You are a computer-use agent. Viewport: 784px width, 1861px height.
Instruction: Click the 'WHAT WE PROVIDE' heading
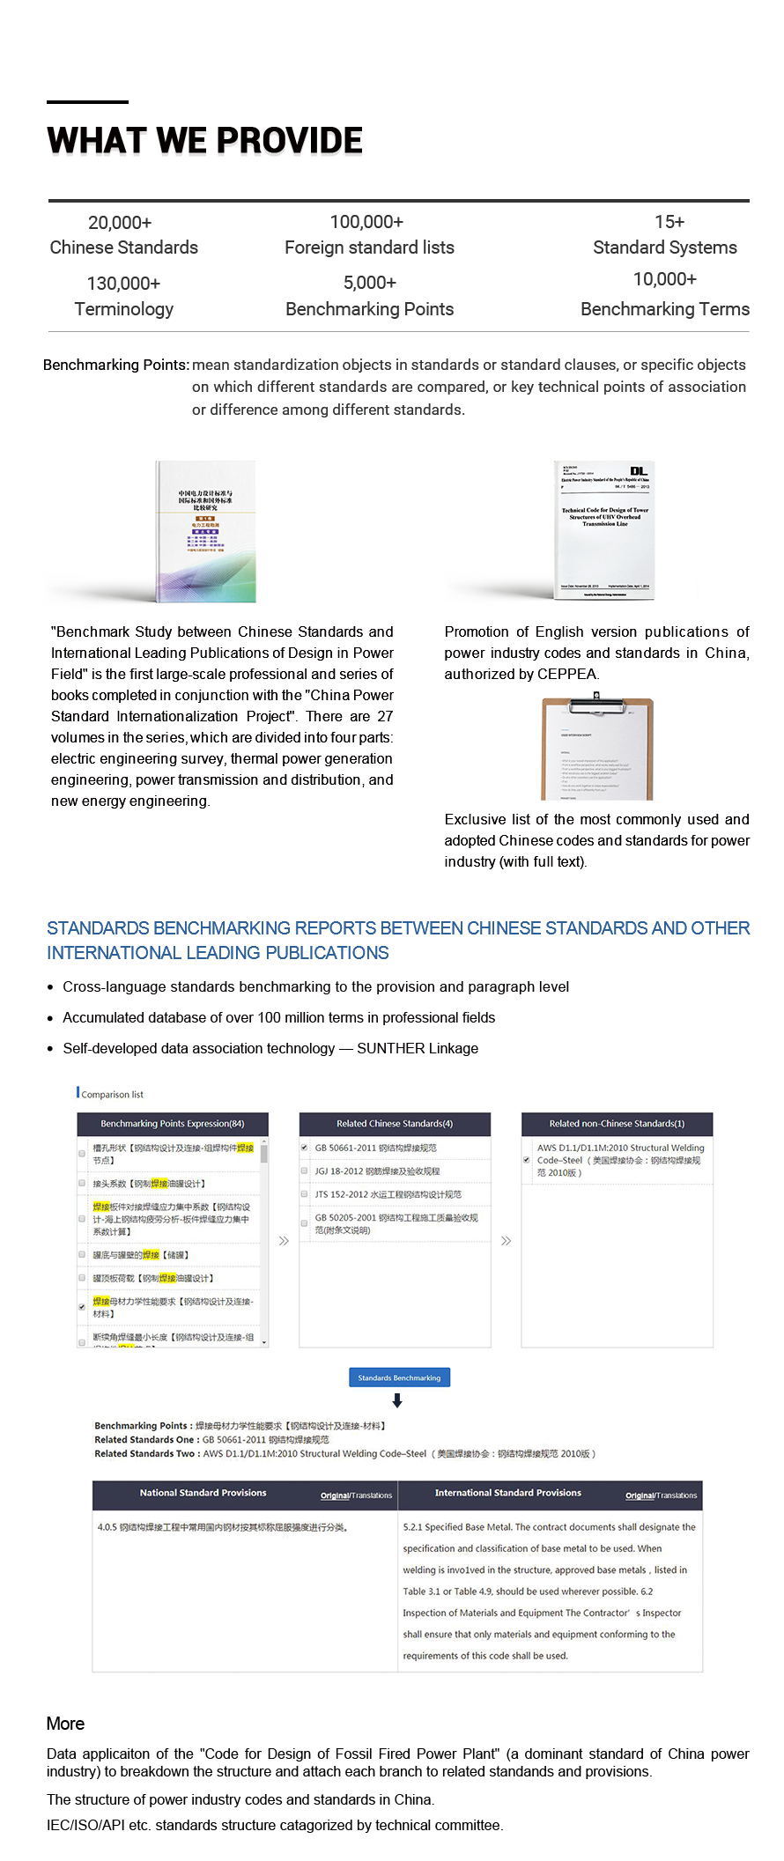click(x=204, y=141)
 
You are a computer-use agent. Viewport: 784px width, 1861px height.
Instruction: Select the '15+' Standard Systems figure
click(x=669, y=222)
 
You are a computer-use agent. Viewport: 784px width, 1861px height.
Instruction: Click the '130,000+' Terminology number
click(x=123, y=284)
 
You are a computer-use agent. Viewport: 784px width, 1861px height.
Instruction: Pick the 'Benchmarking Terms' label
click(x=664, y=309)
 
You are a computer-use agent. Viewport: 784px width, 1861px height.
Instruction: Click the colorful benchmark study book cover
click(x=206, y=531)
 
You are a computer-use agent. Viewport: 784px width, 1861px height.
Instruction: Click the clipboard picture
click(x=597, y=749)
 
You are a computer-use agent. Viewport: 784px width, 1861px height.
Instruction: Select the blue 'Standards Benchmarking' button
click(x=399, y=1377)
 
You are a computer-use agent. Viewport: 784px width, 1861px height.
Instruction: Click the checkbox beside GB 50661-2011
click(x=305, y=1148)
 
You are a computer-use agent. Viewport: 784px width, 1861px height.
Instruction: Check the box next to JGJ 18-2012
click(x=305, y=1171)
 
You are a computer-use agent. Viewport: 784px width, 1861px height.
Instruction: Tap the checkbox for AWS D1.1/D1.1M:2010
click(x=527, y=1160)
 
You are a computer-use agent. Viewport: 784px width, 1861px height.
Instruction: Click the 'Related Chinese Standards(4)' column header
click(x=395, y=1124)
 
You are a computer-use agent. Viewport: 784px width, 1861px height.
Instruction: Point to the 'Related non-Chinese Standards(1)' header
click(x=617, y=1124)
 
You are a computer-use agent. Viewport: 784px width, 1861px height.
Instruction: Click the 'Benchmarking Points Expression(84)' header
click(x=173, y=1124)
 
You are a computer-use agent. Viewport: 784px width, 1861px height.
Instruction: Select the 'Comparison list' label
click(x=112, y=1095)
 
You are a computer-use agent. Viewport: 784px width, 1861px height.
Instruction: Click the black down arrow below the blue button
click(x=397, y=1401)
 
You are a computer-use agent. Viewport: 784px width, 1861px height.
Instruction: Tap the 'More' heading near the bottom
click(x=66, y=1724)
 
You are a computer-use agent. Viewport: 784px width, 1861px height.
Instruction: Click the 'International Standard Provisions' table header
click(x=508, y=1493)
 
